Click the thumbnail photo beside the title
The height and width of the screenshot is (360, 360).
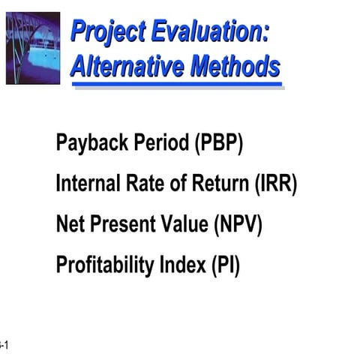32,47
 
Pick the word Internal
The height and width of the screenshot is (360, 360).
85,184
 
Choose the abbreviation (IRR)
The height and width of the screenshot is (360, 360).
275,184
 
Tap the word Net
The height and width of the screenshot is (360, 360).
70,225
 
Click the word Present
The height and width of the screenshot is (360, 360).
121,225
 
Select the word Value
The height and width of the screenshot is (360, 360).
184,225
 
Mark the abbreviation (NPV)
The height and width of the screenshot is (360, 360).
238,225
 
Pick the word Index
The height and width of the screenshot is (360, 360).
178,265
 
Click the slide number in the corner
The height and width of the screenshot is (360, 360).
4,345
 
